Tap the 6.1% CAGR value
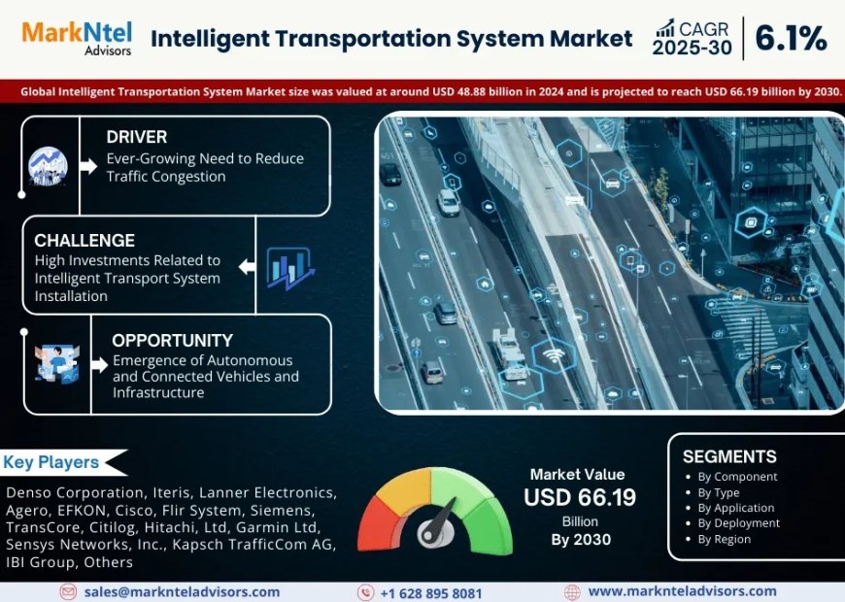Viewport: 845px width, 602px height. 791,38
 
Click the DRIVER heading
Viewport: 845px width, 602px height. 137,137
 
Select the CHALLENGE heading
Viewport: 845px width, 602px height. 84,240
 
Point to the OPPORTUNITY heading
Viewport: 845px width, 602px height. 172,340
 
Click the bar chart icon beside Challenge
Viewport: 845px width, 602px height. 288,268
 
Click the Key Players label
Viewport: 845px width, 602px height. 51,462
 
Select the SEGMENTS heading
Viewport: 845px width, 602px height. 728,456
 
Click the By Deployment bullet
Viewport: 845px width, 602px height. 738,523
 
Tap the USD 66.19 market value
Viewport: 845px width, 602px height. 581,497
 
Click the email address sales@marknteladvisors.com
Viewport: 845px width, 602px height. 182,591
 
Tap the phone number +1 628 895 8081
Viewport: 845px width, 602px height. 430,592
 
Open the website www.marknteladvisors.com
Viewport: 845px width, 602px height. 682,591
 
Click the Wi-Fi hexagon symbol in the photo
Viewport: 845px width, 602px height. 553,355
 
